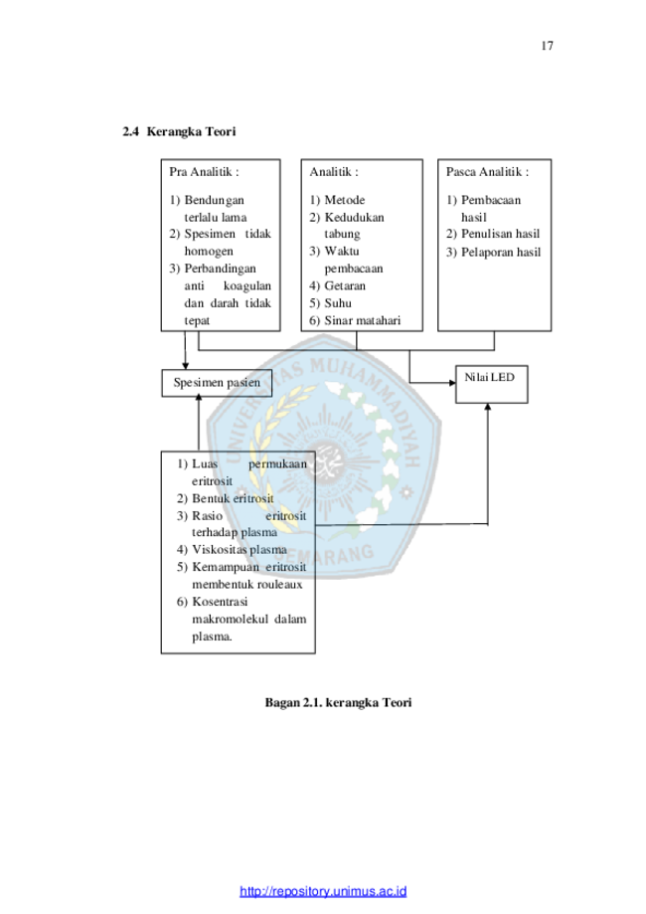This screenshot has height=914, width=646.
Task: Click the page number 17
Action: [x=547, y=46]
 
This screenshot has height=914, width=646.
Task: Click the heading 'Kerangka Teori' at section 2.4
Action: [x=191, y=131]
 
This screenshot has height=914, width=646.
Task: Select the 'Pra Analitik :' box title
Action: [x=204, y=172]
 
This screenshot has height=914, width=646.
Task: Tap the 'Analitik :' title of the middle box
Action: [x=334, y=172]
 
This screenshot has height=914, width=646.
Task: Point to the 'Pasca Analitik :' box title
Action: [x=488, y=172]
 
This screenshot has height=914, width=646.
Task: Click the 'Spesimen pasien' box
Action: [x=217, y=383]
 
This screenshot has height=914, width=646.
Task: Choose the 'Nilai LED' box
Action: [x=492, y=384]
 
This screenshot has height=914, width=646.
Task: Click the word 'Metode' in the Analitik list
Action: [x=345, y=200]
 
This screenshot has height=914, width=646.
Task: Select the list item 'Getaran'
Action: [x=345, y=285]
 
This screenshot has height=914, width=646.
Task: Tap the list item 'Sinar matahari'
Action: [x=363, y=320]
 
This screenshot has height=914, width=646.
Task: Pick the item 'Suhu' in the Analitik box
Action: [x=338, y=303]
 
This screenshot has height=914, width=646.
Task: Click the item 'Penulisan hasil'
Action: [x=500, y=234]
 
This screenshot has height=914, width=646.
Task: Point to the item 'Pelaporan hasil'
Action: [x=501, y=252]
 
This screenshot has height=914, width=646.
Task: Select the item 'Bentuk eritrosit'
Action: [x=233, y=498]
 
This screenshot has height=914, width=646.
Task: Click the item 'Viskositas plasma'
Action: [x=240, y=550]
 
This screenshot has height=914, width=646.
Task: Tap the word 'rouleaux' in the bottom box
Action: [x=279, y=584]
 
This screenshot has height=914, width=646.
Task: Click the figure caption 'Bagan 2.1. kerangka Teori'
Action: [x=339, y=702]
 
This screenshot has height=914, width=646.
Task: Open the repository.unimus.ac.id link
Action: [x=323, y=891]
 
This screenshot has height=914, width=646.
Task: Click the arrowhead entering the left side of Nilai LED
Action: [x=452, y=383]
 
